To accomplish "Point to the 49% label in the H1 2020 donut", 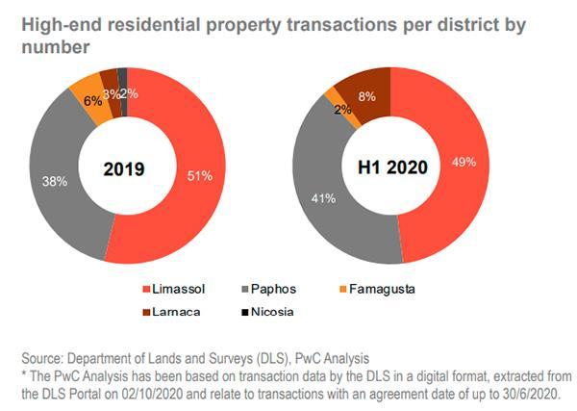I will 464,162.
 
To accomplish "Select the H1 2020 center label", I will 392,168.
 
